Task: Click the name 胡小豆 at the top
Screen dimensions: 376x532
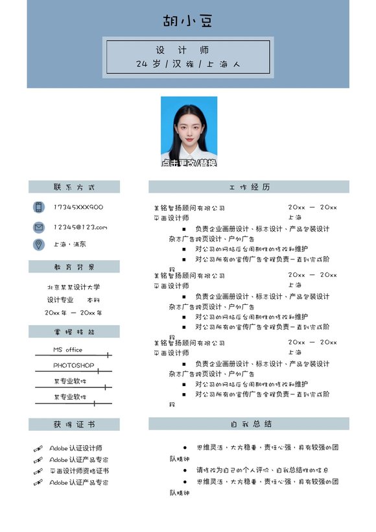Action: (x=187, y=21)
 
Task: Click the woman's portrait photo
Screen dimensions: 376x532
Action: (x=189, y=132)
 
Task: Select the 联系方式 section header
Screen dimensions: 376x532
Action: (x=74, y=187)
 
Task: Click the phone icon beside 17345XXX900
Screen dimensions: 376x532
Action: (x=39, y=207)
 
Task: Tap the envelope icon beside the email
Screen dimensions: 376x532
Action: (x=39, y=227)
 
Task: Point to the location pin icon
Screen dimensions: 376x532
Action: (x=39, y=244)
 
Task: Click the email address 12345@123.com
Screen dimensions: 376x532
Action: (x=80, y=227)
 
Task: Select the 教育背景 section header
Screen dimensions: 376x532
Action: (x=74, y=267)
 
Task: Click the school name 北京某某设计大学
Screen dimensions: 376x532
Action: (x=73, y=287)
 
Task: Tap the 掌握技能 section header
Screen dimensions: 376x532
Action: (x=74, y=332)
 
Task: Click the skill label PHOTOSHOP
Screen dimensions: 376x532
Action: (x=73, y=365)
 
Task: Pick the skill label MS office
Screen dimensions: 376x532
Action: (x=67, y=350)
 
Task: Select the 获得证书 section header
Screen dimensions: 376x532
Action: (x=74, y=424)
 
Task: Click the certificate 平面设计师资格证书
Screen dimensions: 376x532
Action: (x=79, y=471)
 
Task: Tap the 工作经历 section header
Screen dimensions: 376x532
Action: (x=249, y=187)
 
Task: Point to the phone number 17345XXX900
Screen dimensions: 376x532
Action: (x=78, y=207)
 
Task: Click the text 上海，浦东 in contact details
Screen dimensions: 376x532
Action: (x=69, y=245)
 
